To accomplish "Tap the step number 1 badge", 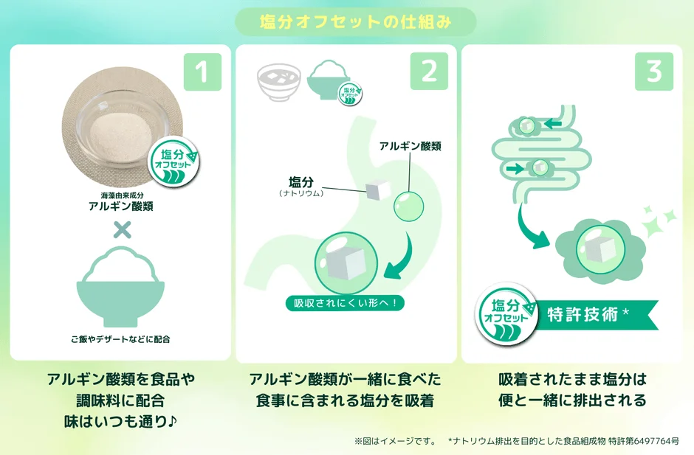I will point(202,72).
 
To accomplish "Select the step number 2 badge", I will point(429,72).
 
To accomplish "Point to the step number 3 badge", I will point(654,72).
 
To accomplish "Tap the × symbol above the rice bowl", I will point(122,229).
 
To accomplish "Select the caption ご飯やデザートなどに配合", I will point(121,340).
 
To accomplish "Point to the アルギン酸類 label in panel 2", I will point(410,146).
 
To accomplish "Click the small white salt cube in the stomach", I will point(377,191).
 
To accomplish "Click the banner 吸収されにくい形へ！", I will point(345,303).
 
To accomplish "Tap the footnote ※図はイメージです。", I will point(396,441).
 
